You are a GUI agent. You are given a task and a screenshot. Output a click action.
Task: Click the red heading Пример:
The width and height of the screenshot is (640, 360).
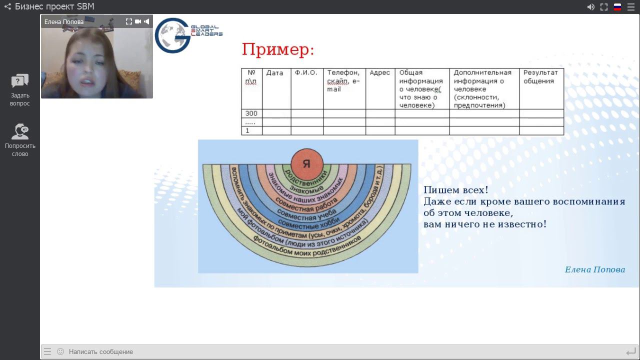pos(278,49)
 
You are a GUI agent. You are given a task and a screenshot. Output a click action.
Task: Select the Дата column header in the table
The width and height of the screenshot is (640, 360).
pos(274,73)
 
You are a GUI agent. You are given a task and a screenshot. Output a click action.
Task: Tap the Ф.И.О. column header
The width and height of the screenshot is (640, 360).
pos(305,73)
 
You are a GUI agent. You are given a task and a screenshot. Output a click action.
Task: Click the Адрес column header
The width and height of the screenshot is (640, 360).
pos(379,73)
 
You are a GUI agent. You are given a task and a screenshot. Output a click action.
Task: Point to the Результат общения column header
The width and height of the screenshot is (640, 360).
pos(540,77)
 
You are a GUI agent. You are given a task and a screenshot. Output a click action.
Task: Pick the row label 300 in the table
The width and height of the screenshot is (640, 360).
pos(251,113)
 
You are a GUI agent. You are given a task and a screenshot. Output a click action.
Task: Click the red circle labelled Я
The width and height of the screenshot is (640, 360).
pos(306,163)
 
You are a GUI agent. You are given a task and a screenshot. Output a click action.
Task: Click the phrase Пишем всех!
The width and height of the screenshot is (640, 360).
pos(455,190)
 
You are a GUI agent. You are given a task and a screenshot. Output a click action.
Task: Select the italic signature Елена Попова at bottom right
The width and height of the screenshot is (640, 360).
pos(594,269)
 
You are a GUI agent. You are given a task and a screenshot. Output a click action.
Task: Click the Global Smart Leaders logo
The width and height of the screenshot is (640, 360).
pos(187,35)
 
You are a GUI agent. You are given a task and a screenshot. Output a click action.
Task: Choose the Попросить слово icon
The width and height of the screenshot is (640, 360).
pos(20,131)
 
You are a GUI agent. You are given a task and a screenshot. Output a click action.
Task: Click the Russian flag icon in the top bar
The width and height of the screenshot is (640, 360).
pos(617,7)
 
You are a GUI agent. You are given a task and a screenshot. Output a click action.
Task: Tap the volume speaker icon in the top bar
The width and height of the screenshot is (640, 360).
pos(590,7)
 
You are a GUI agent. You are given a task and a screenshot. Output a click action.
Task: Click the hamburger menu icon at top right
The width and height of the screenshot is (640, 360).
pos(631,7)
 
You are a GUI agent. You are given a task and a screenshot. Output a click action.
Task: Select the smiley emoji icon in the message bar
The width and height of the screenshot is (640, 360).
pos(60,351)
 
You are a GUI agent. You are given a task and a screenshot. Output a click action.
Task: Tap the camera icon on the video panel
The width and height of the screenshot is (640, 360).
pos(138,21)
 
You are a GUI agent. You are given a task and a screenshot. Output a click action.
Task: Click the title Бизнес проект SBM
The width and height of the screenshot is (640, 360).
pos(54,6)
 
